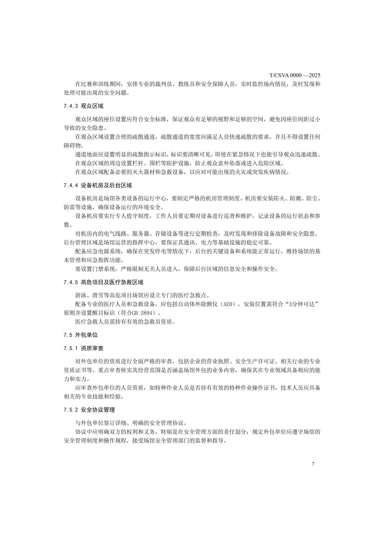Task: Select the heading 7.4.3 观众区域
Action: point(83,106)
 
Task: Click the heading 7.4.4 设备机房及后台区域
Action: point(98,186)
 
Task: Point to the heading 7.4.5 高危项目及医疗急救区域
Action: point(103,282)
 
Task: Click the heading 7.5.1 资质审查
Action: point(83,348)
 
